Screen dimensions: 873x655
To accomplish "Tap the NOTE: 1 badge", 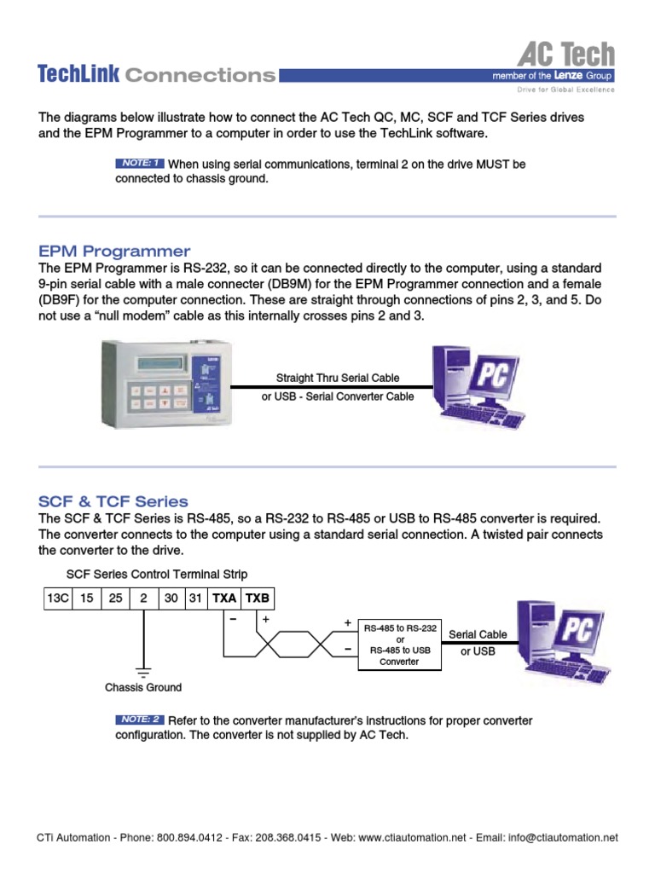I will (139, 163).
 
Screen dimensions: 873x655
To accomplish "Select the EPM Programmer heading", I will (114, 251).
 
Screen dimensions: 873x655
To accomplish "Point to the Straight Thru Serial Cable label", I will (337, 378).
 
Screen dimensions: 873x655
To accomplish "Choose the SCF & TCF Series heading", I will (113, 501).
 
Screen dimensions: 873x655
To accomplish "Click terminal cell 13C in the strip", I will (58, 598).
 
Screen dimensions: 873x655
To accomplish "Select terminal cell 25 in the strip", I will (115, 598).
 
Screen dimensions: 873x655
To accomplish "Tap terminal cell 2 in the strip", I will (143, 598).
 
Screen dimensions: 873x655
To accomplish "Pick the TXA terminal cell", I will (224, 598).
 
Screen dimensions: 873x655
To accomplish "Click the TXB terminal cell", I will (257, 598).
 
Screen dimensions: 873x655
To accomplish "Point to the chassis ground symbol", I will (143, 671).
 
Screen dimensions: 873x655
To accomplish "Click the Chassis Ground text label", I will (143, 687).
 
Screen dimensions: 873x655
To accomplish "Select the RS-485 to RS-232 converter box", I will (400, 645).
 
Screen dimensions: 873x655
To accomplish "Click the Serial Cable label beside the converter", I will (478, 634).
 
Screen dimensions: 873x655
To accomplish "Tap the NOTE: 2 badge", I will (139, 720).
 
